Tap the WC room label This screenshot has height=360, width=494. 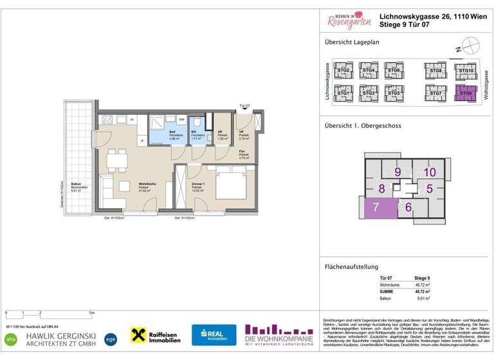[x=193, y=132]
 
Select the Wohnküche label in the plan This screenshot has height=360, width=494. [x=149, y=183]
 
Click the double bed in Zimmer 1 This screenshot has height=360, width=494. [x=229, y=186]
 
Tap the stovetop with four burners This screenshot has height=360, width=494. [x=107, y=120]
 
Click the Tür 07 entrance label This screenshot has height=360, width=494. [x=244, y=105]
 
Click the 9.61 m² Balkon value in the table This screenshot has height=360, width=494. [x=423, y=298]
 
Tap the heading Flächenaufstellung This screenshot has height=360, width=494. [x=351, y=267]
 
